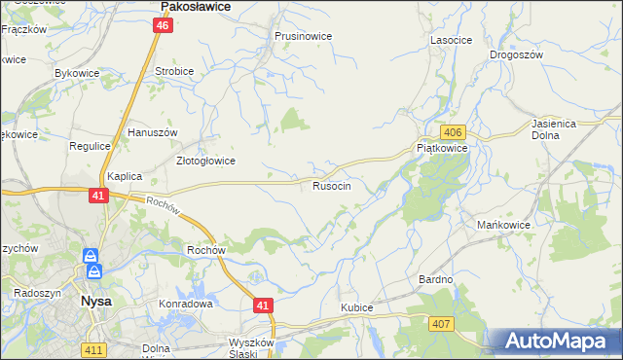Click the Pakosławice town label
195,7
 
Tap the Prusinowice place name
303,36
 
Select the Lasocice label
451,40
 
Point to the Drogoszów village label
516,55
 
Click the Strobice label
174,71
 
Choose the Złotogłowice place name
204,161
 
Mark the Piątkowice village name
442,148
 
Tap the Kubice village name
356,307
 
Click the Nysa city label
94,302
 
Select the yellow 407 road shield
442,323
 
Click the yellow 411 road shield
94,348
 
